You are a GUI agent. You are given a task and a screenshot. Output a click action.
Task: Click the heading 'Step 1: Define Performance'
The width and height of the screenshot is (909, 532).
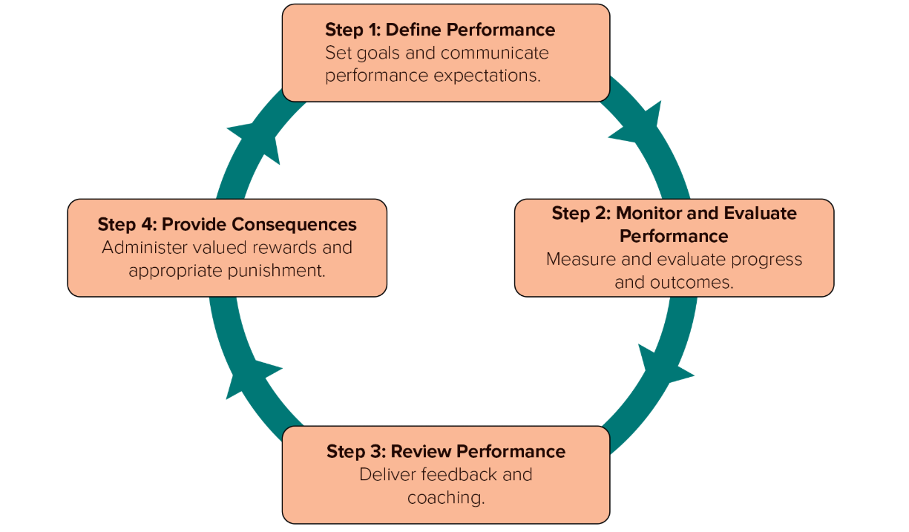coord(440,30)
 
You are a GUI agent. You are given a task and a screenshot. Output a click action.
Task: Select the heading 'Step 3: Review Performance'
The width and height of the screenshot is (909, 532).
coord(446,452)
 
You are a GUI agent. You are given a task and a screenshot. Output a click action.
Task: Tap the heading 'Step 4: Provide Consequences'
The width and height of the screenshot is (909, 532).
coord(227,224)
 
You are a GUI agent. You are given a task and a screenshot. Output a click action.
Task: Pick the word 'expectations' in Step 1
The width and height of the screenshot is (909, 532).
coord(488,76)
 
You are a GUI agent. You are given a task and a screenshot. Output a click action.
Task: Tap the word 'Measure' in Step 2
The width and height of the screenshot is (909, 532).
coord(577,260)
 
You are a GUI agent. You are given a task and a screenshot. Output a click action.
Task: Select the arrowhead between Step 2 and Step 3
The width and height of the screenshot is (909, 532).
coord(663,364)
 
